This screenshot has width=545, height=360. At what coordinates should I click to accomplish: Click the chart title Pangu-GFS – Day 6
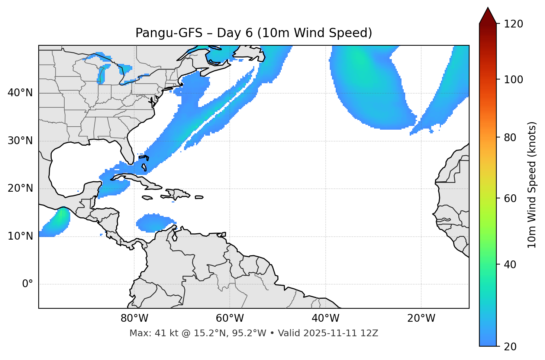[254, 33]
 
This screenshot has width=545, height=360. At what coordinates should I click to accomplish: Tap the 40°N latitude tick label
[20, 93]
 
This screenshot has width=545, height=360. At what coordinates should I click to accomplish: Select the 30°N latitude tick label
[20, 141]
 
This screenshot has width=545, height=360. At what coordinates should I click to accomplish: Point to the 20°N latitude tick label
[20, 188]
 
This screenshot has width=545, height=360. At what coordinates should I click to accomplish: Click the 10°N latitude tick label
[20, 236]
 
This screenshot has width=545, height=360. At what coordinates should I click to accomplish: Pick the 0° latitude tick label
[28, 284]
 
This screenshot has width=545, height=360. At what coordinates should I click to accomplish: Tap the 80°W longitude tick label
[134, 318]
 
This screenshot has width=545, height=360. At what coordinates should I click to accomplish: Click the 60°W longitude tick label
[230, 318]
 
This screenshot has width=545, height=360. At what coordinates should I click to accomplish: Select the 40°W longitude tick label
[325, 318]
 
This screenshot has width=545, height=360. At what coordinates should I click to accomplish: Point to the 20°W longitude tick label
[421, 318]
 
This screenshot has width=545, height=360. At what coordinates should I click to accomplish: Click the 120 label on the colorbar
[513, 24]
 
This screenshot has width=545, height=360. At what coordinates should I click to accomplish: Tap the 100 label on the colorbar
[513, 80]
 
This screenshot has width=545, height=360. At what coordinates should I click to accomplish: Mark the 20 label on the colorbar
[510, 347]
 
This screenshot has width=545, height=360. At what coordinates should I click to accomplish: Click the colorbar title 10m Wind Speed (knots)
[532, 185]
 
